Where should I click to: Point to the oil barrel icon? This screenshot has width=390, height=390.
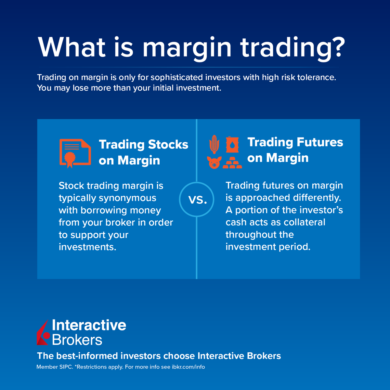232,144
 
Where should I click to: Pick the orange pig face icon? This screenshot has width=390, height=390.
214,162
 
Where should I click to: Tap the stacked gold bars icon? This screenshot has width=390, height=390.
232,162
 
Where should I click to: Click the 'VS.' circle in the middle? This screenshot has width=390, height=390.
197,199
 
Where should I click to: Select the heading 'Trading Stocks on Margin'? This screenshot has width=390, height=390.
143,152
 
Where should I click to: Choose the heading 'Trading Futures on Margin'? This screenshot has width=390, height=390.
295,150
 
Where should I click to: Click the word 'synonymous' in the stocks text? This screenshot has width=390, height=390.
127,198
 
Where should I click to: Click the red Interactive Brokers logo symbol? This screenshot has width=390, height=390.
43,332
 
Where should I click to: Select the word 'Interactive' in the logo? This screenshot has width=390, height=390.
89,325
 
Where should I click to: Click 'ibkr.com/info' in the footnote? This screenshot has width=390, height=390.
188,367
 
